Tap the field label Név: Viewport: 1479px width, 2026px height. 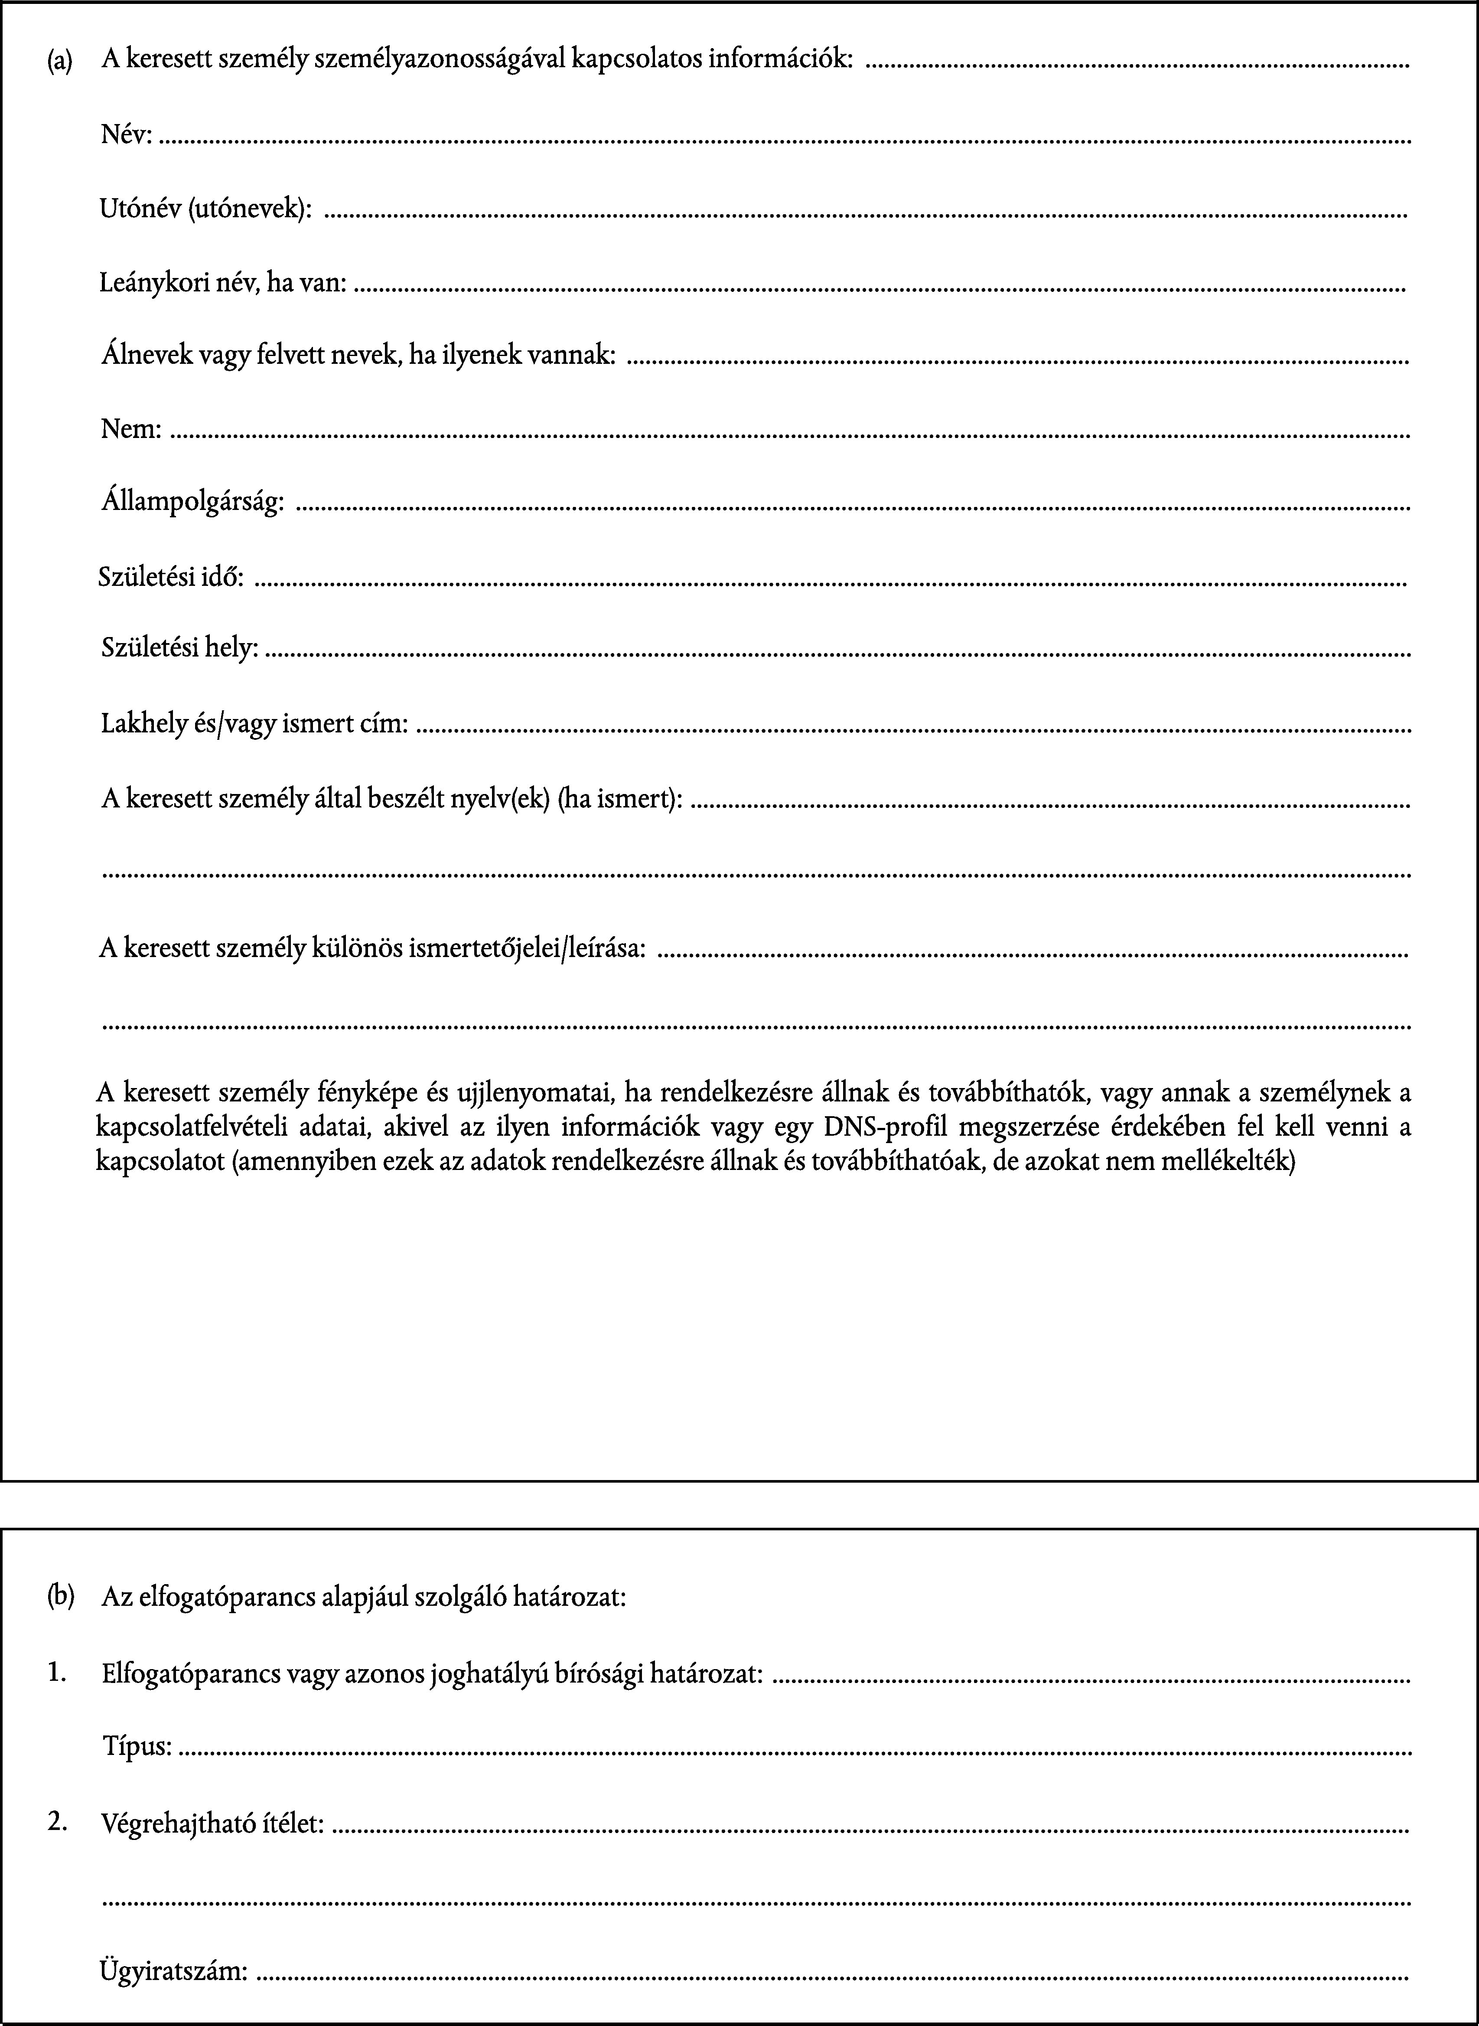coord(126,136)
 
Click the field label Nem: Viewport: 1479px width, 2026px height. coord(131,431)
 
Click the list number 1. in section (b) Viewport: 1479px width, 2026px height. coord(58,1671)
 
